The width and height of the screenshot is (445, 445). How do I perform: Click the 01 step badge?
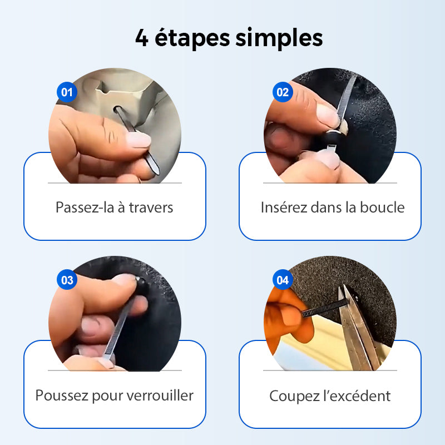coord(67,92)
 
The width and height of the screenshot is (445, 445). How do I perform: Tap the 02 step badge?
coord(283,92)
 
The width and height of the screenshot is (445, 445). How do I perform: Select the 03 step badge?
coord(67,280)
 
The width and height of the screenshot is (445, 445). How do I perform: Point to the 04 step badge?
coord(283,280)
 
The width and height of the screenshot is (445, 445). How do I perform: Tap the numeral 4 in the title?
coord(142,39)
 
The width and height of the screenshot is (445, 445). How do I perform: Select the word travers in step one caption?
coord(151,207)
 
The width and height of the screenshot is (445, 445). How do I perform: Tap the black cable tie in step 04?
coord(323,308)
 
